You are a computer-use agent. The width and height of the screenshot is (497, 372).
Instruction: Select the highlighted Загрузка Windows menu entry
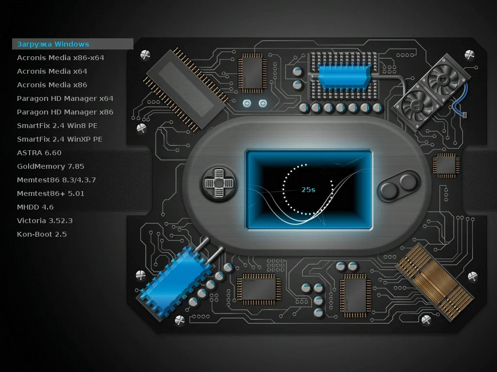[53, 44]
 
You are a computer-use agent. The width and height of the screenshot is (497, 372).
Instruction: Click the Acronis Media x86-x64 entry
[61, 58]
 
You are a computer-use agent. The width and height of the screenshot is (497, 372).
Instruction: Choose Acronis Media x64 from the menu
[52, 71]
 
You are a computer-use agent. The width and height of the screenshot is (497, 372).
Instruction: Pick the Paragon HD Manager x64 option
[65, 98]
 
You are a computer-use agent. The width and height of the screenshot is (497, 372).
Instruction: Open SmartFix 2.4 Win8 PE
[57, 126]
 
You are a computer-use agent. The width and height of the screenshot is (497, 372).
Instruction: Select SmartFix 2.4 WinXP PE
[60, 139]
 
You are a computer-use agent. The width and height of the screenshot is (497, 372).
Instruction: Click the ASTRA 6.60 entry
[39, 153]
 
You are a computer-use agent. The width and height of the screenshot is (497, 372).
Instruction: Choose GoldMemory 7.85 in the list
[50, 166]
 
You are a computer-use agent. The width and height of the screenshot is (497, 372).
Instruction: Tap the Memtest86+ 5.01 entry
[50, 194]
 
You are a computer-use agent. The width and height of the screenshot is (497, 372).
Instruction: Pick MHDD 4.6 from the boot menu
[35, 207]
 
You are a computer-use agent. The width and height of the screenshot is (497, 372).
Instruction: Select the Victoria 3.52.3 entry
[45, 221]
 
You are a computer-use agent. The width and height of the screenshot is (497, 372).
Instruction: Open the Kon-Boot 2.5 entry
[42, 234]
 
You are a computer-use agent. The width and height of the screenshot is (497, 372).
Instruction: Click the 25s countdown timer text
[308, 190]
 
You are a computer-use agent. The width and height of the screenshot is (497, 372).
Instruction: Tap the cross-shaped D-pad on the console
[219, 183]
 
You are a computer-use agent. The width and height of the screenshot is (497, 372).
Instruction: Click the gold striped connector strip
[435, 282]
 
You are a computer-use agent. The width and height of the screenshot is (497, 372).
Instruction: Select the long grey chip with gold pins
[186, 89]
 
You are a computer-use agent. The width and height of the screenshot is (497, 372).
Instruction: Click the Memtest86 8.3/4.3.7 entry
[56, 180]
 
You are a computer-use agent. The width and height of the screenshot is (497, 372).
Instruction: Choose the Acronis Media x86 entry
[52, 85]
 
